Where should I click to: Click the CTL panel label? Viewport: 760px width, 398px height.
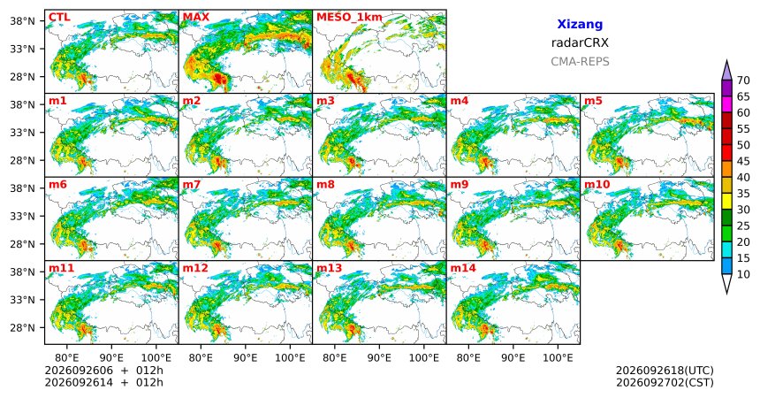pos(59,18)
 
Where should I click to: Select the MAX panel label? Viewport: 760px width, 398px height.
pos(196,18)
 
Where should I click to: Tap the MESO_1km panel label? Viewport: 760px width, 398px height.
pos(349,18)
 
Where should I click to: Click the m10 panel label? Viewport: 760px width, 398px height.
pos(597,185)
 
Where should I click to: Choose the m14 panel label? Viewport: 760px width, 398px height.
pos(463,268)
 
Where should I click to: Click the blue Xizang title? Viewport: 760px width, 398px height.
pos(580,24)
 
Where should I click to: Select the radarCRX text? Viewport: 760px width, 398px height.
pos(580,42)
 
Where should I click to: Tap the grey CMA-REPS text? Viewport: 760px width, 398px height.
pos(580,62)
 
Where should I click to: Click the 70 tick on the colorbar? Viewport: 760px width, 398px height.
pos(743,80)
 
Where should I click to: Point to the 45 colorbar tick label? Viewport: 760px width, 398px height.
pos(743,161)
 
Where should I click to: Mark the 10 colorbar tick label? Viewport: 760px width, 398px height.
pos(743,274)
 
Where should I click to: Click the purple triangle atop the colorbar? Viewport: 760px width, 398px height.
pos(726,72)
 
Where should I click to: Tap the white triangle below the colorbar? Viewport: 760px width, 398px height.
pos(726,282)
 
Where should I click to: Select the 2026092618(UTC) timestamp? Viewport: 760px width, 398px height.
pos(665,371)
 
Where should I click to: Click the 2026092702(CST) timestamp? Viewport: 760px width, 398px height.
pos(665,382)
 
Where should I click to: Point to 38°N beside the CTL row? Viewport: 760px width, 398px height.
pos(22,21)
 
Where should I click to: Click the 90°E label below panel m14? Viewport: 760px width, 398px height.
pos(513,358)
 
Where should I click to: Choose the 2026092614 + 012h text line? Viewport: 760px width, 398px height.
pos(103,382)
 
